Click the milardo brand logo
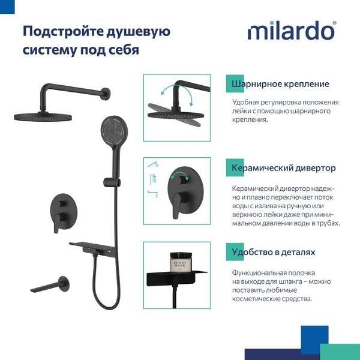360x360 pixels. [x=291, y=31]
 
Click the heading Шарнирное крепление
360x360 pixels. [x=280, y=84]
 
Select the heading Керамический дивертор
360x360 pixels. [x=284, y=168]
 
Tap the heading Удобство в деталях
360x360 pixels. [x=274, y=252]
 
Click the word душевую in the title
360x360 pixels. [x=139, y=31]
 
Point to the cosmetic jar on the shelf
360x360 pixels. [x=181, y=262]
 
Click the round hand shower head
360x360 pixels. [x=114, y=130]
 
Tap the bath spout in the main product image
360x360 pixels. [x=50, y=284]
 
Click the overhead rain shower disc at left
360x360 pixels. [x=43, y=117]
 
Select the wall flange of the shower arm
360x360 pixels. [x=106, y=94]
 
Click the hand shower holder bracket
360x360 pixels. [x=112, y=182]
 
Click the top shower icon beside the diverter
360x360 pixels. [x=154, y=164]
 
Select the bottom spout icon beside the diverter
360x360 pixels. [x=153, y=194]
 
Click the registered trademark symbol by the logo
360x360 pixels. [x=334, y=23]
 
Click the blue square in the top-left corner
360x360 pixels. [x=7, y=7]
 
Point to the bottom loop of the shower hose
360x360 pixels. [x=106, y=304]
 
